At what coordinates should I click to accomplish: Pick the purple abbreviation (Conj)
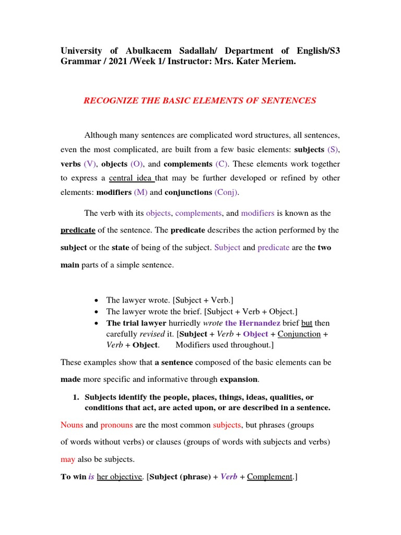pyautogui.click(x=226, y=192)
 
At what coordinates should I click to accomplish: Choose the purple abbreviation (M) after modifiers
pyautogui.click(x=141, y=192)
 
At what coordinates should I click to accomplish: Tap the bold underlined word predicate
pyautogui.click(x=78, y=230)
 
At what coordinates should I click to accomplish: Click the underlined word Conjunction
pyautogui.click(x=299, y=334)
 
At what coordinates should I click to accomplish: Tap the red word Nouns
pyautogui.click(x=72, y=425)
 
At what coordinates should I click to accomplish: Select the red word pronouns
pyautogui.click(x=116, y=425)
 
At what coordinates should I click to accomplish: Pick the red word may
pyautogui.click(x=68, y=459)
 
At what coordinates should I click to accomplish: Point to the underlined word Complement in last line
pyautogui.click(x=270, y=476)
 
